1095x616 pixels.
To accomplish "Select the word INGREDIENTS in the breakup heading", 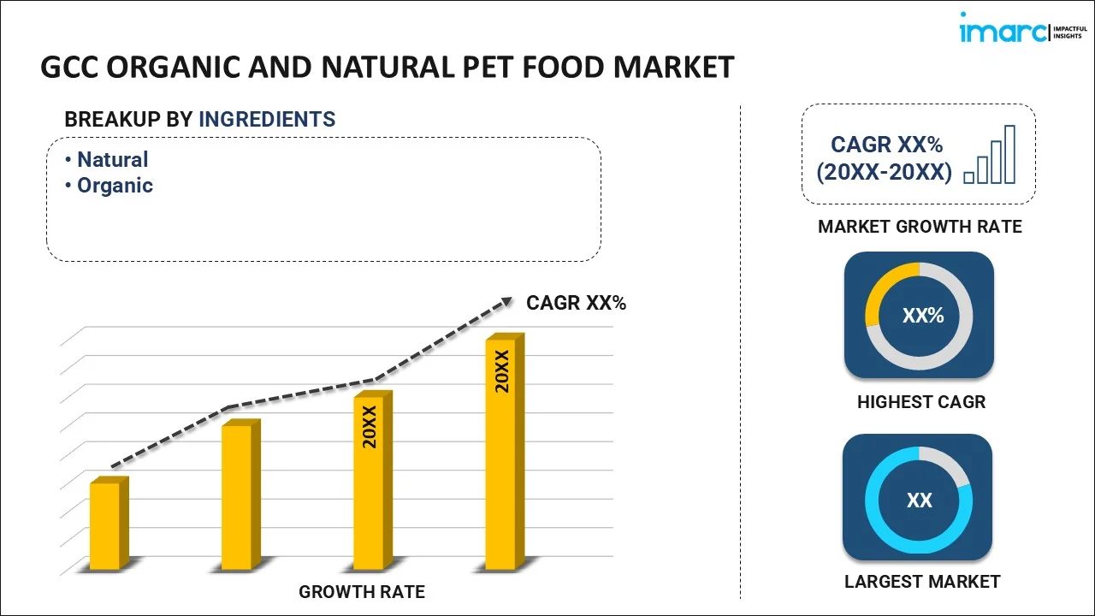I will (267, 119).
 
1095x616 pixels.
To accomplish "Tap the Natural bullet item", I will (112, 159).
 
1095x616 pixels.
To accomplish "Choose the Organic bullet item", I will (115, 185).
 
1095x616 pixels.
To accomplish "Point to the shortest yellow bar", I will (105, 525).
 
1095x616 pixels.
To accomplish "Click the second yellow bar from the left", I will (237, 496).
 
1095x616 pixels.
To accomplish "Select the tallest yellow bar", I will (500, 453).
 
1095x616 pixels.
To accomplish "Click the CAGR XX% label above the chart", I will (576, 302).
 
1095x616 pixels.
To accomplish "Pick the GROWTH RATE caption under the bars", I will (361, 591).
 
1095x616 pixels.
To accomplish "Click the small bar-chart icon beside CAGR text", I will (990, 155).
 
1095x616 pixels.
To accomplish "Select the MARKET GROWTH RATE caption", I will (920, 227).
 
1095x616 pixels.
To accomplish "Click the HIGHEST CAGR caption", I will (921, 401).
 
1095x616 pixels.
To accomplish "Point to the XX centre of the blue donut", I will (919, 500).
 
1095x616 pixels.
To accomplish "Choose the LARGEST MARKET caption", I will (921, 582).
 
